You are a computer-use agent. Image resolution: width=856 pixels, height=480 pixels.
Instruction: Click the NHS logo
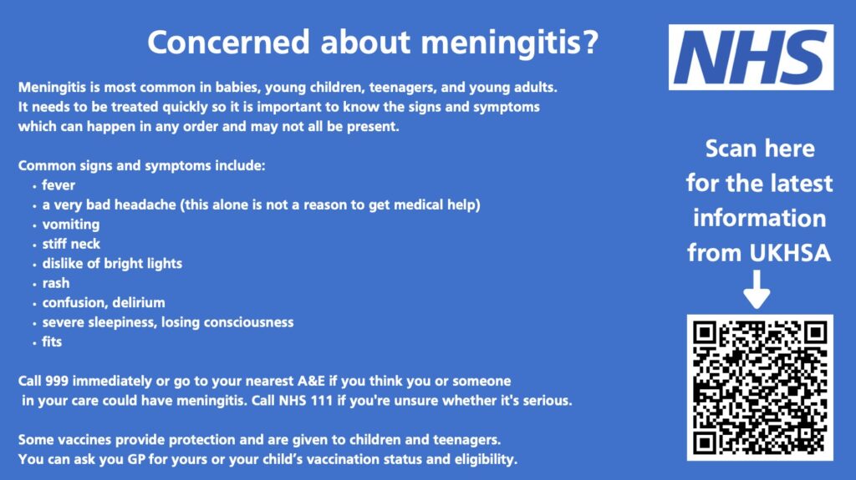tap(751, 57)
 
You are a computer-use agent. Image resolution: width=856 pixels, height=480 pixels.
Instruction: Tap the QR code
tap(760, 387)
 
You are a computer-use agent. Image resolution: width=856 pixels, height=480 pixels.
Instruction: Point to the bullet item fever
tap(59, 185)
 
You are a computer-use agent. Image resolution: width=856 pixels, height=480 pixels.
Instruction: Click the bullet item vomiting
tap(71, 225)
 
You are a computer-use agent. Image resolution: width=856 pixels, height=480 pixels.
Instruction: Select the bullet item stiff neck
tap(71, 244)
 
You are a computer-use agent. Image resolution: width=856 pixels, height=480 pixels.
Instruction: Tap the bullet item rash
tap(56, 283)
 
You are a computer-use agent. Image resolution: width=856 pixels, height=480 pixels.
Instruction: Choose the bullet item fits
tap(52, 341)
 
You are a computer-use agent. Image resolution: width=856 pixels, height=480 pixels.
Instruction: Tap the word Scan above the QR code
tap(731, 149)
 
